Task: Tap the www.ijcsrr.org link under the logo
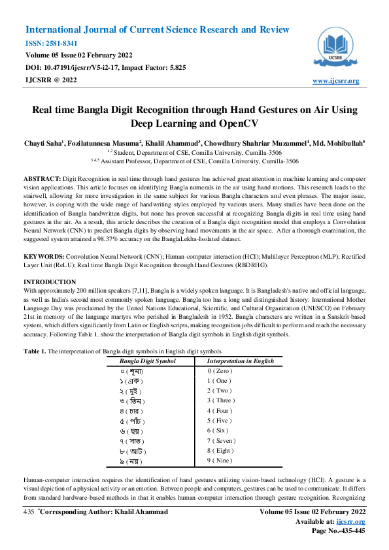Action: point(336,81)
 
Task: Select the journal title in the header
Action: point(157,30)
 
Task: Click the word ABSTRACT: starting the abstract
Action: point(42,178)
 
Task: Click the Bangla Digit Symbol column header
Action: point(147,361)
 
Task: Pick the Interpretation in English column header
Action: point(240,361)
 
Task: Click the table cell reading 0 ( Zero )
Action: point(220,371)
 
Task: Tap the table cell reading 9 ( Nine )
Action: point(220,443)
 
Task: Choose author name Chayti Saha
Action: point(44,142)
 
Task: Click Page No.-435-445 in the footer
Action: point(338,530)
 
